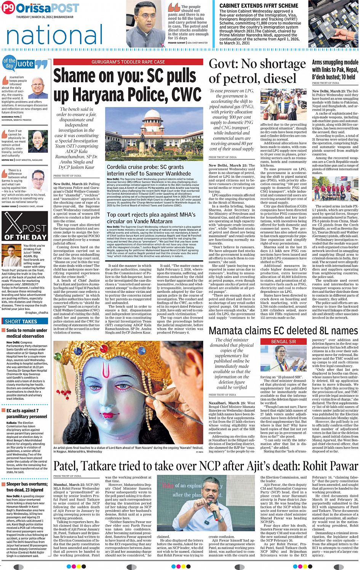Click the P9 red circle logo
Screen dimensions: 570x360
click(8, 8)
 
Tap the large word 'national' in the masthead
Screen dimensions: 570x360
click(54, 35)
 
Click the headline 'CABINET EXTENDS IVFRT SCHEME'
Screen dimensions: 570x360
click(259, 6)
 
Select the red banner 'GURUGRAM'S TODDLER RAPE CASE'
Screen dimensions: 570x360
click(128, 62)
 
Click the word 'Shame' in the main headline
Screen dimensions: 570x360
click(75, 76)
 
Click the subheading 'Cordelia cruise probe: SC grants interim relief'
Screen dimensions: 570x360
click(145, 170)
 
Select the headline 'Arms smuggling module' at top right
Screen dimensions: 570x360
click(335, 62)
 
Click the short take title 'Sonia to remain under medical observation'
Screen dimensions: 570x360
click(26, 333)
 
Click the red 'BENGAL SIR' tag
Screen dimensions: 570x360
click(283, 342)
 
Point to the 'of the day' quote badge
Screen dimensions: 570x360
click(10, 63)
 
